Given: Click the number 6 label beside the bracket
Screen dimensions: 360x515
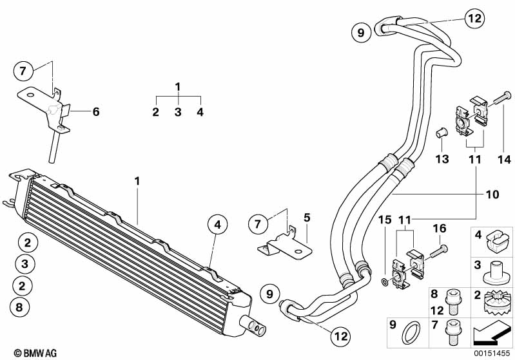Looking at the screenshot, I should [x=96, y=111].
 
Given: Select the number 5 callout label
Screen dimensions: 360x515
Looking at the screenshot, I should [x=307, y=218].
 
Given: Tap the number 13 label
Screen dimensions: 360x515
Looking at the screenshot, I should [x=442, y=159].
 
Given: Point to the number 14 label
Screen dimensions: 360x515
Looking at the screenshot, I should [x=502, y=159].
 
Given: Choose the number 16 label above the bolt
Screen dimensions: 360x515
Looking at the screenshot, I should [x=439, y=228].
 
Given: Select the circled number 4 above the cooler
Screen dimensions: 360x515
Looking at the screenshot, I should [x=218, y=225].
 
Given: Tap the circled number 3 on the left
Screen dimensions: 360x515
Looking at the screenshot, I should [x=24, y=263].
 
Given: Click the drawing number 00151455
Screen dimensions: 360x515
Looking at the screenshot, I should [x=492, y=354].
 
